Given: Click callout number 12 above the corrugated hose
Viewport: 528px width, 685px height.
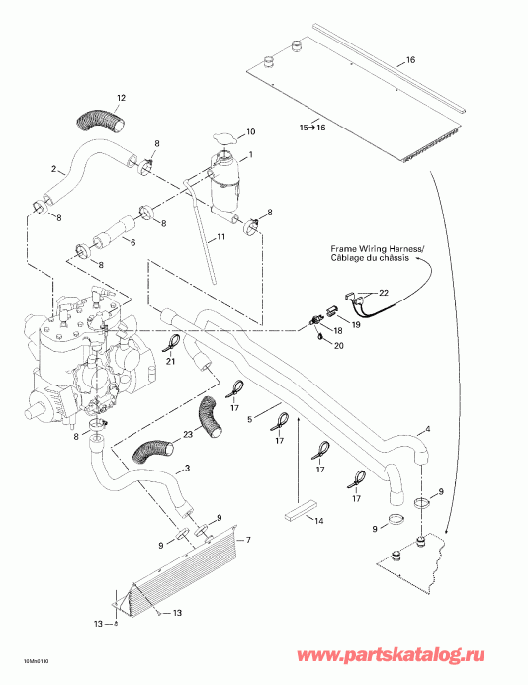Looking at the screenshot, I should click(121, 97).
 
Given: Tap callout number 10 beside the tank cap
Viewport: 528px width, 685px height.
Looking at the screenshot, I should click(250, 131).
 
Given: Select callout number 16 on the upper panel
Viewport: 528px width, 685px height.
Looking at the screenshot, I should click(411, 60).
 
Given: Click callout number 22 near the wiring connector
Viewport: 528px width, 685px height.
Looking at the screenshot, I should click(385, 293).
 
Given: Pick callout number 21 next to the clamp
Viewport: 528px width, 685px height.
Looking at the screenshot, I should click(170, 362).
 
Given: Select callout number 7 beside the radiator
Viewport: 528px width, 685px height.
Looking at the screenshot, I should click(247, 540).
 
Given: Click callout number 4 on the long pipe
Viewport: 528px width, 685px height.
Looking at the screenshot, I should click(428, 430).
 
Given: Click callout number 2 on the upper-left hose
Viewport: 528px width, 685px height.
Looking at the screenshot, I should click(53, 169).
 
